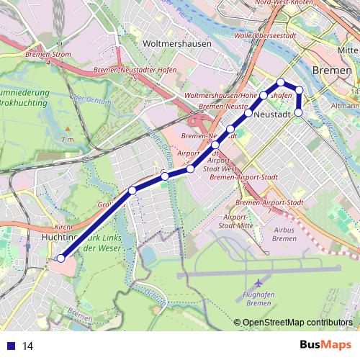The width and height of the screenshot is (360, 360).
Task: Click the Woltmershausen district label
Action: (177, 43)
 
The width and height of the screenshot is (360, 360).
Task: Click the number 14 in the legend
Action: (28, 346)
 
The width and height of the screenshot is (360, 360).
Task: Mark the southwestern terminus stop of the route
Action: (61, 258)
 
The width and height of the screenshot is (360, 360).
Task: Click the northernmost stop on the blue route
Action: (282, 81)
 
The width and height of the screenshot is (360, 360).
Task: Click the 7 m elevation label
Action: (68, 138)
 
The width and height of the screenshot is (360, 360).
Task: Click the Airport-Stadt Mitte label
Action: (238, 221)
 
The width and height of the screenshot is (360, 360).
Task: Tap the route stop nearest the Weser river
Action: (298, 112)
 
